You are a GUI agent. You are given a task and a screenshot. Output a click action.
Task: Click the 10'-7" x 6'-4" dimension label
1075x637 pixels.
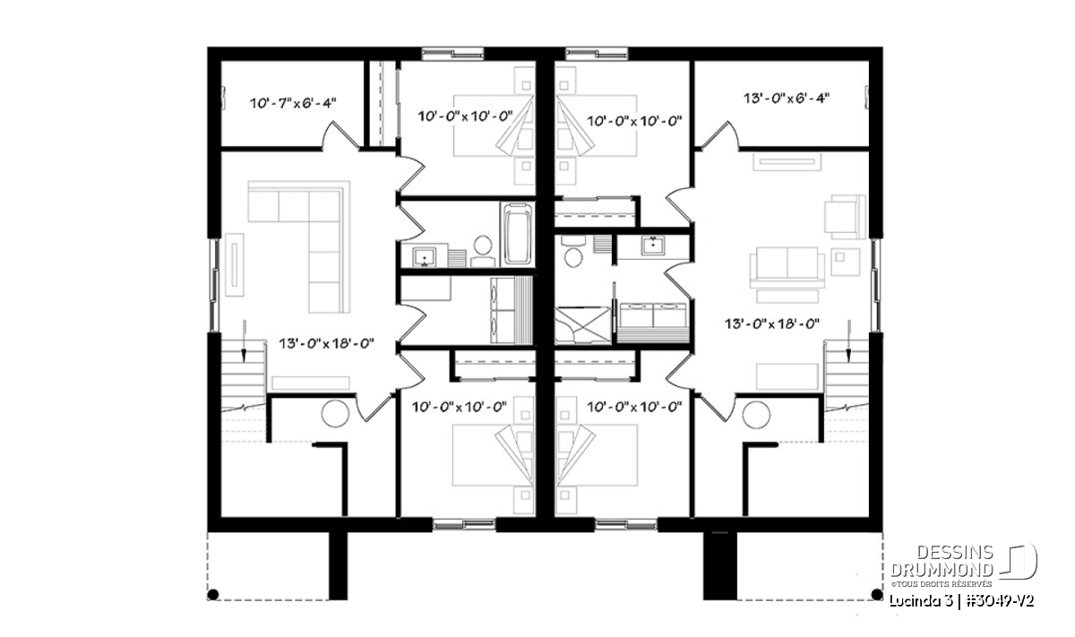coord(293,103)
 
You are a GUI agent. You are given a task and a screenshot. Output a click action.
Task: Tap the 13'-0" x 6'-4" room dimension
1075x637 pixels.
coord(787,98)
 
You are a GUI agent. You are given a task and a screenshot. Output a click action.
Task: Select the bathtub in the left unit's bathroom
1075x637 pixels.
coord(518,234)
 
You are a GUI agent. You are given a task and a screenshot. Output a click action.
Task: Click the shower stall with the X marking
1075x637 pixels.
coord(583,325)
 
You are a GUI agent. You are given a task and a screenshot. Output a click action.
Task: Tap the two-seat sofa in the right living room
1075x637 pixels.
coord(787,268)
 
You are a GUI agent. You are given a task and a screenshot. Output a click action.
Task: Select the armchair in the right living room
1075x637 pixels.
coord(845,217)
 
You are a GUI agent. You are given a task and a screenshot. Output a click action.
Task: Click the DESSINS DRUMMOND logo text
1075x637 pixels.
coord(942,561)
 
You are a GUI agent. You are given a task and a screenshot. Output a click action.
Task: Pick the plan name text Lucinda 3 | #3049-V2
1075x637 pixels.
coord(961,601)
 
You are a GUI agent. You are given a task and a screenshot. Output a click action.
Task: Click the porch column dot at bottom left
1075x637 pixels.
coord(213,595)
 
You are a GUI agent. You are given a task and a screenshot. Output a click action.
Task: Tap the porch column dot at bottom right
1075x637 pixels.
coord(877,595)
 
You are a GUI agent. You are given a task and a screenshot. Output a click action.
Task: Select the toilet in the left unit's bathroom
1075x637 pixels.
coord(483,251)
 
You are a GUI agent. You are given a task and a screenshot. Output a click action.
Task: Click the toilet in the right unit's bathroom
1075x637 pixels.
coord(573,251)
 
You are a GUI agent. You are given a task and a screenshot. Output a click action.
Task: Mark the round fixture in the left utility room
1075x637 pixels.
coord(335,413)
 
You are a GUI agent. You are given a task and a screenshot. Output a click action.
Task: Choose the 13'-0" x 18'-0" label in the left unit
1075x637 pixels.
coord(326,344)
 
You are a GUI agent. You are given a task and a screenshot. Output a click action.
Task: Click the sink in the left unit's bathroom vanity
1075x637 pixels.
coord(425,257)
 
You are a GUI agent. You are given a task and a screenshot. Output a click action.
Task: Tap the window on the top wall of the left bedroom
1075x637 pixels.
coord(452,54)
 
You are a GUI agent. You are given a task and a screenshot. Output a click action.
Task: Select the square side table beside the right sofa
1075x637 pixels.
coord(846,262)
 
